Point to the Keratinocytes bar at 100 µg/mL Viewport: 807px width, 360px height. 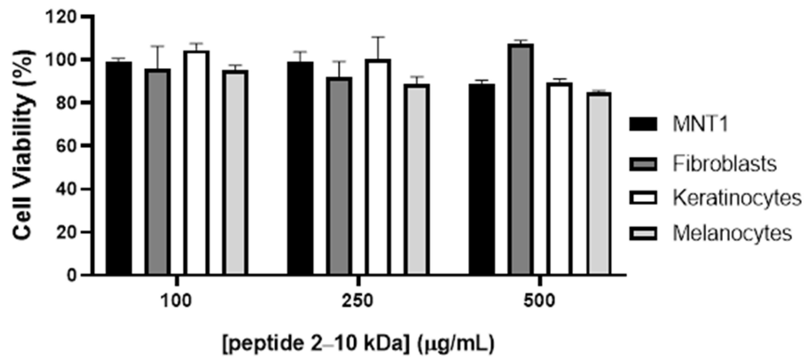pyautogui.click(x=196, y=163)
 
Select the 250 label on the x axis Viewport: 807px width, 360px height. pyautogui.click(x=358, y=301)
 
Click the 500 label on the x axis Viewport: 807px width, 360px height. pyautogui.click(x=540, y=301)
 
